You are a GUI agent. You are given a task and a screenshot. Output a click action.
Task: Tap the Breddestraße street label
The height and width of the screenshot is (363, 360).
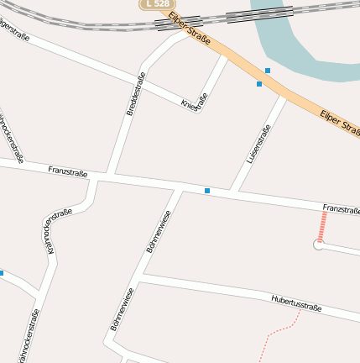(x=135, y=97)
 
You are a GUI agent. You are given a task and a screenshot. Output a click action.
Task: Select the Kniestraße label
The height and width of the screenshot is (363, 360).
(x=194, y=103)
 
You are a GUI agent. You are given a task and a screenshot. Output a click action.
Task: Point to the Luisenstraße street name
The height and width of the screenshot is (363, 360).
(x=258, y=144)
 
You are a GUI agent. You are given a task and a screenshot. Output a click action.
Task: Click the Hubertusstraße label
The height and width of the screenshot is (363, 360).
(x=296, y=302)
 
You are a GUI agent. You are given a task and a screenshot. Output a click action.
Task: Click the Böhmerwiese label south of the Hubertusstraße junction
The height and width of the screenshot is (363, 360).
(x=123, y=308)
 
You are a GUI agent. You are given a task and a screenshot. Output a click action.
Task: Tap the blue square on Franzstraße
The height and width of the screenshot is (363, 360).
(x=207, y=191)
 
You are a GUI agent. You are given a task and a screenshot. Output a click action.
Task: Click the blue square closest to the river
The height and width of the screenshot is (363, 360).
(x=268, y=70)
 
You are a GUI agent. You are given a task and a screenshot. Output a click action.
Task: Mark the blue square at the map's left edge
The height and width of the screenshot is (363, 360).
(x=2, y=273)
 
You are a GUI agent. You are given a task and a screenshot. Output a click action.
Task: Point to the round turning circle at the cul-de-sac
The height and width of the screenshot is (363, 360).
(x=318, y=245)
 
